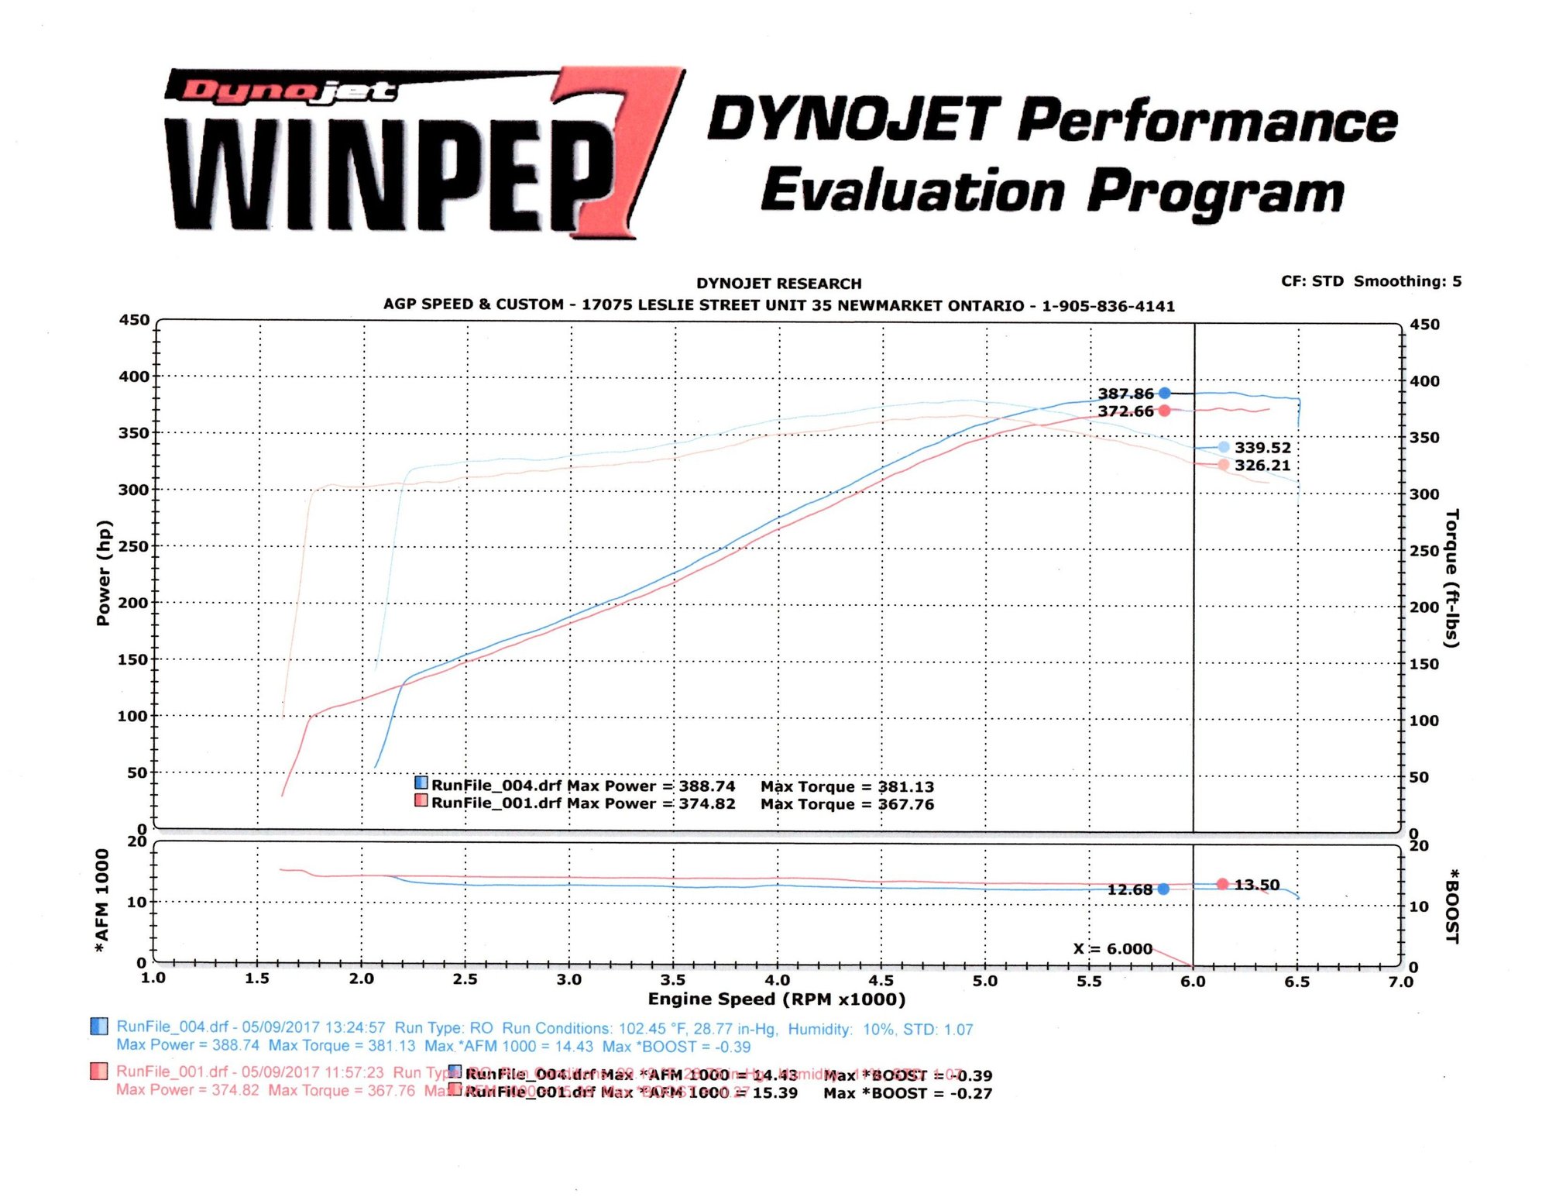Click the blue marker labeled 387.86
(1164, 393)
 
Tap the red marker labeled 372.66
(1164, 411)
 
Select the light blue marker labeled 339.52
(1223, 447)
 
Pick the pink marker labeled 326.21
(1223, 465)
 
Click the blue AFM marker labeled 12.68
(1163, 889)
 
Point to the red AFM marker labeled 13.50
(1222, 884)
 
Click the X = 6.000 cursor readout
(1113, 948)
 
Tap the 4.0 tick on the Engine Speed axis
(777, 980)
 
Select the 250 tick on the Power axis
(133, 546)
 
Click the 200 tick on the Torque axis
(1424, 607)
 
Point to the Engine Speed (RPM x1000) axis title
(776, 999)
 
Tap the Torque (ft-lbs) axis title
(1452, 578)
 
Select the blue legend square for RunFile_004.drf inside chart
(421, 783)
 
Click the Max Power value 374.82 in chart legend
(707, 803)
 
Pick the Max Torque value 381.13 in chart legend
(905, 786)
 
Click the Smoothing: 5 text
(1407, 281)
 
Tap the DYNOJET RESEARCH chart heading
(778, 284)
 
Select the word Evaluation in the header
(912, 191)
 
